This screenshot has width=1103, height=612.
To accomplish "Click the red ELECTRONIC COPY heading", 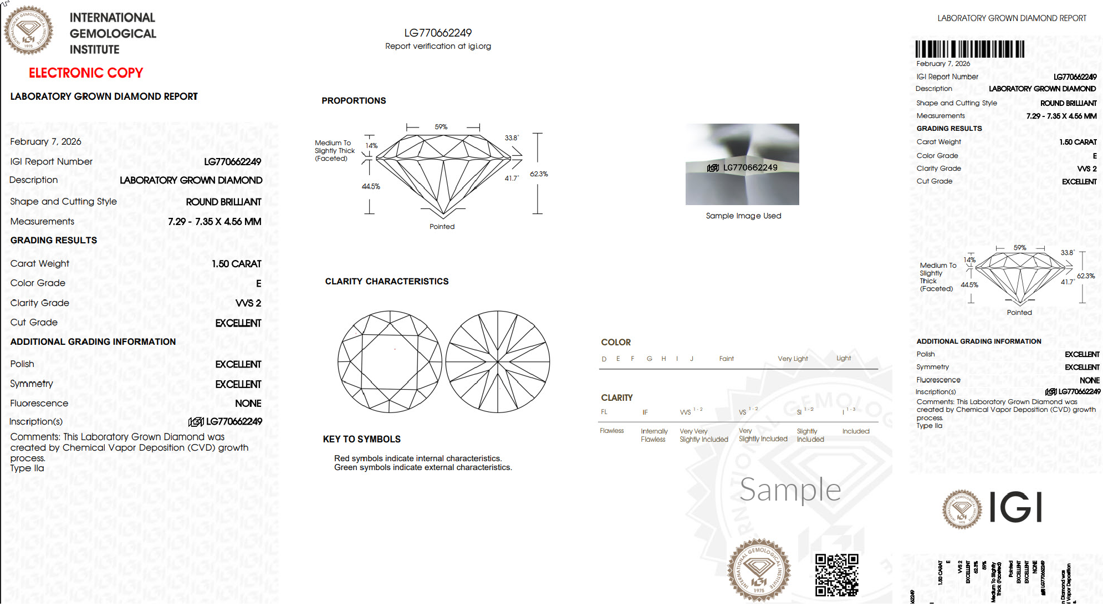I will (x=86, y=73).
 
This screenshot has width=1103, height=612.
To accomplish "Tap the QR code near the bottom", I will (x=836, y=575).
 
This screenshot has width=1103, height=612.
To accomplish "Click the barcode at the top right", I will (x=969, y=49).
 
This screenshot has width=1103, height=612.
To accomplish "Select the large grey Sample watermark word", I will (x=790, y=490).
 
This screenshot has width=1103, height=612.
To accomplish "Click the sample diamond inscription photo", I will (x=742, y=164).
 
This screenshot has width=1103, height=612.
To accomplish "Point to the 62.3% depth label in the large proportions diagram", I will (x=539, y=174).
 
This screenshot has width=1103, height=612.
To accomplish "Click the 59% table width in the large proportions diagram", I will (x=441, y=127).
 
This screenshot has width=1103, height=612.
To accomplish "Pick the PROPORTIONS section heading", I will (x=354, y=101).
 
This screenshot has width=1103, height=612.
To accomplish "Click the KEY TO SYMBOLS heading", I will (x=361, y=439).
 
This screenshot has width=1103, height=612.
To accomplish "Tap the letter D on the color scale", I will (x=604, y=359).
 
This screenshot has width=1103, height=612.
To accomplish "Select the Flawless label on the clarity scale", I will (x=611, y=431).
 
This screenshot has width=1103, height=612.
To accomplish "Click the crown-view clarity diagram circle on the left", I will (x=390, y=361).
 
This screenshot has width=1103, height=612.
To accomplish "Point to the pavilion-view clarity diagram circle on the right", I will (x=498, y=361).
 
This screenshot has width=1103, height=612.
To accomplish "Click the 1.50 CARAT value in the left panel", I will (x=236, y=264).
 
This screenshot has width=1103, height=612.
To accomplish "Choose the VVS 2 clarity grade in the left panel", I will (x=248, y=303).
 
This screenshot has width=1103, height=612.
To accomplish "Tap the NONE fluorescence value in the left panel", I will (x=248, y=404).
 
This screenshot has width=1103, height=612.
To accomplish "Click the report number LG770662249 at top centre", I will (x=438, y=33).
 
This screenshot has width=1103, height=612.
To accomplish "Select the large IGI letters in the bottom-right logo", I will (x=1016, y=507).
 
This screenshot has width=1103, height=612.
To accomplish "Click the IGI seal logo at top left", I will (x=29, y=30).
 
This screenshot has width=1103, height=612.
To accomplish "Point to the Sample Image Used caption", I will (x=743, y=216).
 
